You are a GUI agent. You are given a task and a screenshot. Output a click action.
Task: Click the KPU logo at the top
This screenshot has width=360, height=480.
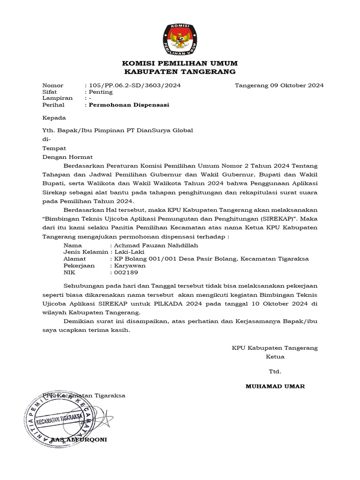pos(180,38)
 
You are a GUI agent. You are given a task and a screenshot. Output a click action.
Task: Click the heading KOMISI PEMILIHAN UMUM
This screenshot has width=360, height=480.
pos(180,63)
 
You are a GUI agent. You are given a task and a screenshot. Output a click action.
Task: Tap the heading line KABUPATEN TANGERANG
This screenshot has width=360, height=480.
pos(180,72)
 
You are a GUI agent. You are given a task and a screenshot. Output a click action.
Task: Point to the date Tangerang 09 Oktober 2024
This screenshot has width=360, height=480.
pos(279,85)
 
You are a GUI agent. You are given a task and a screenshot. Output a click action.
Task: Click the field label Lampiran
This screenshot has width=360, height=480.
pos(57,98)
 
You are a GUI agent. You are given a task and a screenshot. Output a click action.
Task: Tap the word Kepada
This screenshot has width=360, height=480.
pos(54,118)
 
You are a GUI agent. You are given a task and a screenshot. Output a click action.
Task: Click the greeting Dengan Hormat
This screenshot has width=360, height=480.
pos(67,157)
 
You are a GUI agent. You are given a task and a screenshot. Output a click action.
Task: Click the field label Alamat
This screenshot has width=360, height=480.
pos(75,259)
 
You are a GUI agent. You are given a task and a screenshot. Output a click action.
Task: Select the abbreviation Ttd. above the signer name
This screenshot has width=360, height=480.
pos(275,372)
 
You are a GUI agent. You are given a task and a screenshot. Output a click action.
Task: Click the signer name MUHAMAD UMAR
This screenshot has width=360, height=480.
pos(275,386)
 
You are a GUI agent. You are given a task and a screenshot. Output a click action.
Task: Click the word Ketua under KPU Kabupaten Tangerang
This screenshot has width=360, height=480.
pos(275,357)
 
